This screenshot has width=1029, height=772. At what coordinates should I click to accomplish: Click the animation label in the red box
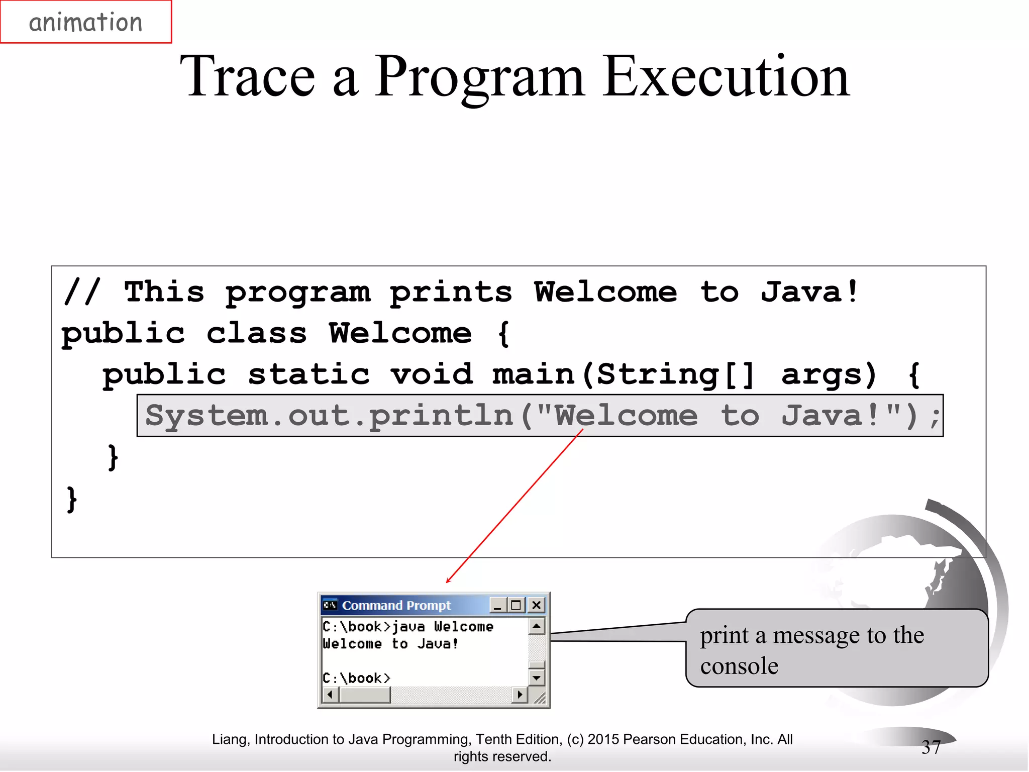click(85, 23)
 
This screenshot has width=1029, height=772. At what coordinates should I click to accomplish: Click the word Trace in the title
click(247, 77)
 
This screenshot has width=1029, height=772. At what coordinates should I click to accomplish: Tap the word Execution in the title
click(726, 77)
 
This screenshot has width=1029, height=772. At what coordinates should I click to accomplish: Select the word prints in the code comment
click(451, 293)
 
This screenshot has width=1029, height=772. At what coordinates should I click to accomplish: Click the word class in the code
click(256, 334)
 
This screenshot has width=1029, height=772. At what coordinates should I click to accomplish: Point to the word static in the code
click(308, 375)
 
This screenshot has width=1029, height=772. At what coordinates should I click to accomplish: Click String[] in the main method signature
click(675, 375)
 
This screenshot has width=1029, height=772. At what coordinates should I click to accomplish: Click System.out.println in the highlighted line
click(329, 416)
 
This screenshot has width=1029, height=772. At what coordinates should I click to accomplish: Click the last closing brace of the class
click(72, 499)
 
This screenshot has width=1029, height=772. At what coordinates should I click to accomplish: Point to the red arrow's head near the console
click(448, 581)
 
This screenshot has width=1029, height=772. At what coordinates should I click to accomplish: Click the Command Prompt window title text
click(396, 605)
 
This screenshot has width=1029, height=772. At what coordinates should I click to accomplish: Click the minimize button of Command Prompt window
click(497, 605)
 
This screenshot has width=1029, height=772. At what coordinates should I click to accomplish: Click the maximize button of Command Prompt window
click(516, 605)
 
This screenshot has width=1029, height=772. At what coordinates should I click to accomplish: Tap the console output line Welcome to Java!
click(390, 644)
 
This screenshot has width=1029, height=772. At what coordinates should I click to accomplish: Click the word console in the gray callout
click(739, 666)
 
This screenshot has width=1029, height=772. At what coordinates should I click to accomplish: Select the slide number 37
click(931, 747)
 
